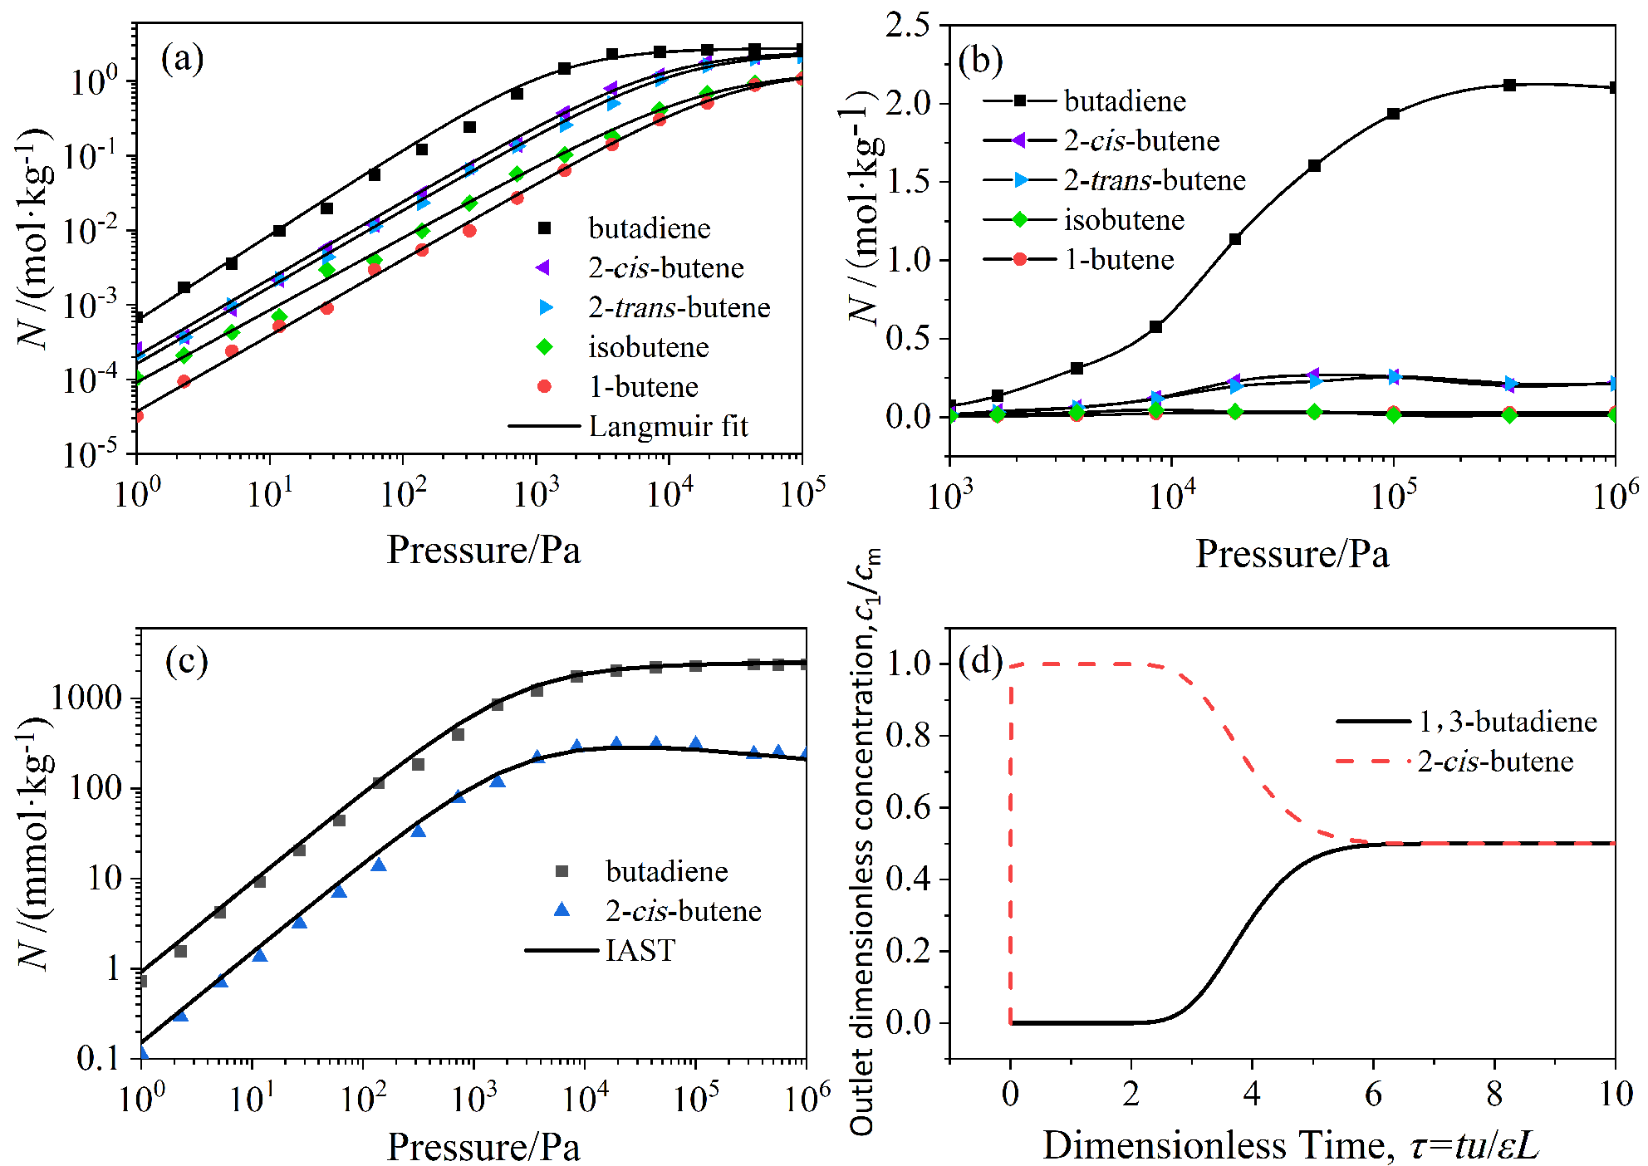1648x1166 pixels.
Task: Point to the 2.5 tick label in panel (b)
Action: [x=908, y=25]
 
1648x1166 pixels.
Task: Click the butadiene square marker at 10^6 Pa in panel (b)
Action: [x=1614, y=87]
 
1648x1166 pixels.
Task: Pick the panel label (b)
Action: [x=980, y=61]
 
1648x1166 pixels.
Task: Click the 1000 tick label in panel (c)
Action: [x=87, y=698]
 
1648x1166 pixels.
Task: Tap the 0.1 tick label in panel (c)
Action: [x=99, y=1058]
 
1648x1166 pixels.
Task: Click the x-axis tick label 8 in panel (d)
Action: [x=1494, y=1095]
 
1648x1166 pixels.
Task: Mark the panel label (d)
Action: [x=980, y=661]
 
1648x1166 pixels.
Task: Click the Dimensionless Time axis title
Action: [x=1291, y=1145]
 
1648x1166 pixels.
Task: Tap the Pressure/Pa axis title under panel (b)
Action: [x=1292, y=554]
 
